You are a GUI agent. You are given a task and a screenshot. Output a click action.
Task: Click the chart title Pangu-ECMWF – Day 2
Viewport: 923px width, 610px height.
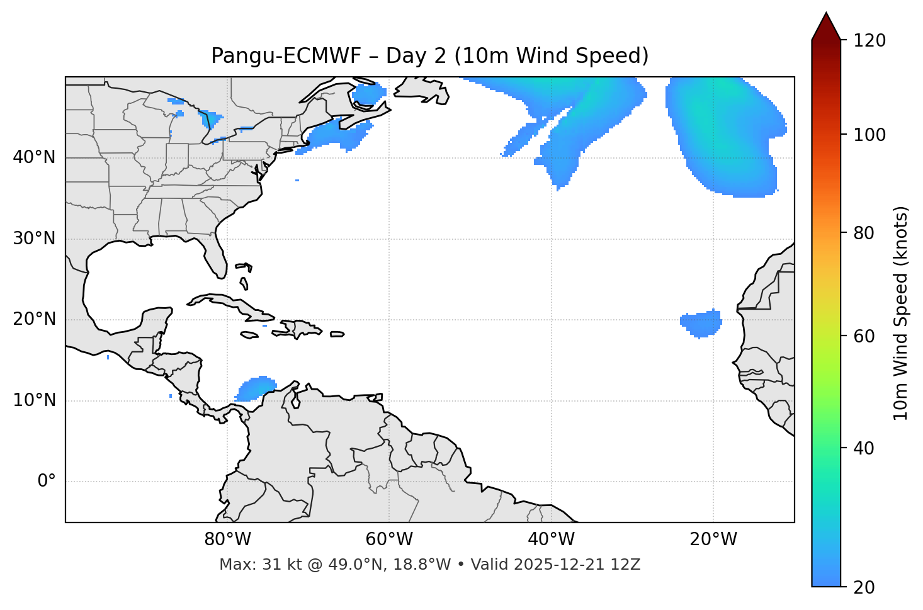(429, 56)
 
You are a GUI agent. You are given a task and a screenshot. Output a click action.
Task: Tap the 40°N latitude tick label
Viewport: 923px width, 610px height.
(34, 157)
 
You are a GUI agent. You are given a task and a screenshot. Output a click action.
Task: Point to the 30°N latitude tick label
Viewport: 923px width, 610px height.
(34, 239)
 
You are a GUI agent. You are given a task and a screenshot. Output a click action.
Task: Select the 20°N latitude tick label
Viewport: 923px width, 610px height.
(34, 319)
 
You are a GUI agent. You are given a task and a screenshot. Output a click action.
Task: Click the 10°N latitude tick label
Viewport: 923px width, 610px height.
(34, 400)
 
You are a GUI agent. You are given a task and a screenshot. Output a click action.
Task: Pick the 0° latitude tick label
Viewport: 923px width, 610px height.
(47, 482)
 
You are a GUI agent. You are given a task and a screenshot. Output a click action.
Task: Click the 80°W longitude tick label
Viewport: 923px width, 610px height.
(227, 539)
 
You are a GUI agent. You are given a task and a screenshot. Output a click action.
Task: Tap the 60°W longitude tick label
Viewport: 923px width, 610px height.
(389, 539)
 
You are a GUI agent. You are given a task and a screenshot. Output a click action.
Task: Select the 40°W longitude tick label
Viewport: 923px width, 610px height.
(551, 539)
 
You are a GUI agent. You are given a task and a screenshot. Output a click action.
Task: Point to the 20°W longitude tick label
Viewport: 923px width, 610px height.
(713, 539)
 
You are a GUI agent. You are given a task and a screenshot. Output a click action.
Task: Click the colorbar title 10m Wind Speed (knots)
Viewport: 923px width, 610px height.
(901, 313)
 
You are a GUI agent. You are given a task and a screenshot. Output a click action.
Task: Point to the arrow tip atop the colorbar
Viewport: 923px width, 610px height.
(826, 14)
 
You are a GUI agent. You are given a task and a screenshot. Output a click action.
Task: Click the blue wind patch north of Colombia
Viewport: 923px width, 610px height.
(256, 388)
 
